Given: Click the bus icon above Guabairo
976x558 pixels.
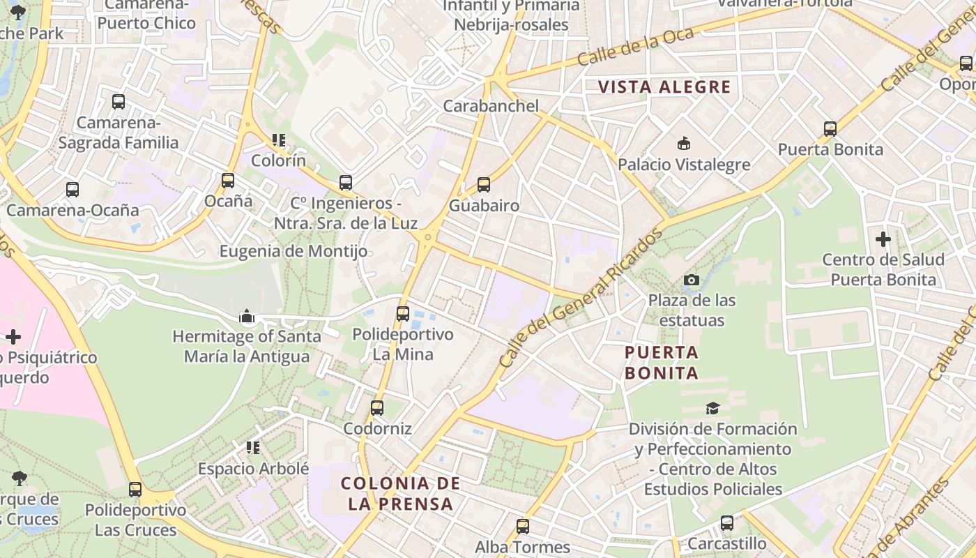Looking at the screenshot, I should (x=484, y=185).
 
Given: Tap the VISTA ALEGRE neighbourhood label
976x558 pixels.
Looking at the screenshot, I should (x=664, y=87).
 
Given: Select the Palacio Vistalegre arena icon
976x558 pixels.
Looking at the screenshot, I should (x=684, y=144).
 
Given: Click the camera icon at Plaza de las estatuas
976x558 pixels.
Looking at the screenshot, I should (x=692, y=280).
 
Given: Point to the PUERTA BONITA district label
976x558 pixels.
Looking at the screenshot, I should (x=661, y=362).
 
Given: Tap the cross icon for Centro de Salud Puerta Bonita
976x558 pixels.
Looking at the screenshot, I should (x=883, y=239).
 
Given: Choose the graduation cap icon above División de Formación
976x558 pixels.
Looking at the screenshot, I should (x=712, y=408).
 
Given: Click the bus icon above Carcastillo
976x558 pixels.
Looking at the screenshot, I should (x=727, y=522).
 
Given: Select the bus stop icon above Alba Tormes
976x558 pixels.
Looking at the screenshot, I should (x=523, y=527).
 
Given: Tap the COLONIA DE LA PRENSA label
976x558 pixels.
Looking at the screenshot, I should (x=400, y=493).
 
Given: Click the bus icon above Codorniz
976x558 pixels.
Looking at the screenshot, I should (x=377, y=407).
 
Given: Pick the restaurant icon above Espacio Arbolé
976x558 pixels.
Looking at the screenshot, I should (x=253, y=447).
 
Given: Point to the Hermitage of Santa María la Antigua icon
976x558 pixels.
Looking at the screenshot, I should (x=247, y=317).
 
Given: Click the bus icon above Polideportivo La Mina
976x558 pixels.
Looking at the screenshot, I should (x=403, y=313).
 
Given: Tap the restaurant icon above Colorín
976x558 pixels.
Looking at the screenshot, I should (x=279, y=140).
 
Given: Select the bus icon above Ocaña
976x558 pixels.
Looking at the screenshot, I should (x=228, y=181).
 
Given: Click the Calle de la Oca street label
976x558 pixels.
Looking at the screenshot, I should (x=635, y=47).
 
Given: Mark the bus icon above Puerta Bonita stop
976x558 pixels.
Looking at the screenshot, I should (x=830, y=128).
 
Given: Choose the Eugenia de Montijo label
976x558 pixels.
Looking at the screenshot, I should (x=293, y=251).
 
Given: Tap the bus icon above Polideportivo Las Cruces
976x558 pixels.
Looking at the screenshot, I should (x=135, y=489).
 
